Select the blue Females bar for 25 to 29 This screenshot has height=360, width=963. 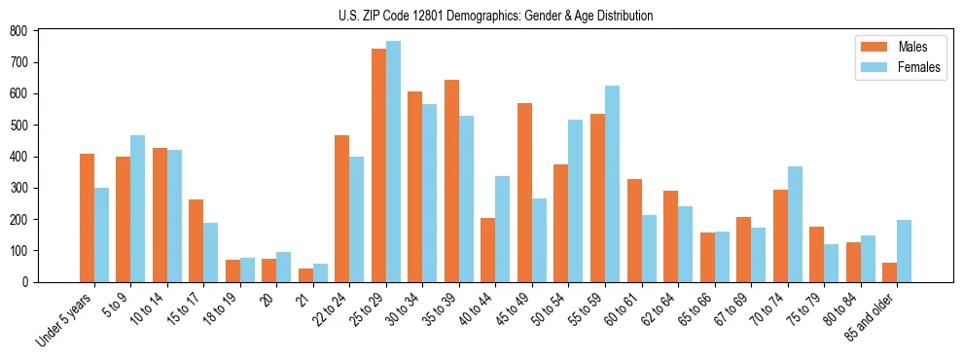[x=393, y=162]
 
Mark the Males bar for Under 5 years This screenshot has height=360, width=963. [x=87, y=218]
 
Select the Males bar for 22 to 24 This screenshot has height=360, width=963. [x=342, y=209]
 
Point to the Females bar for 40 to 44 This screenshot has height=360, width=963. [x=503, y=229]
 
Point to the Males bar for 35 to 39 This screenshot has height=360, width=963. [x=451, y=181]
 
